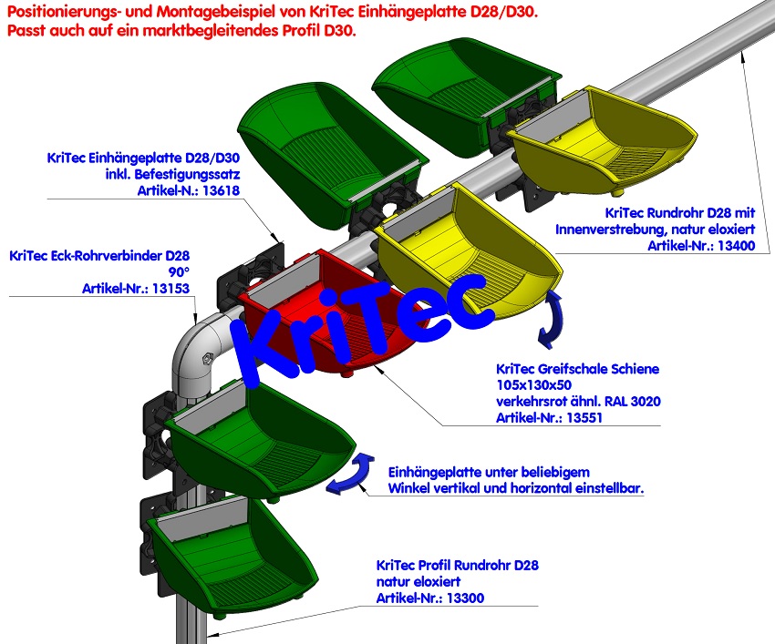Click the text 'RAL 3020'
630,402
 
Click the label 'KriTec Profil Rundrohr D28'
457,565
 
